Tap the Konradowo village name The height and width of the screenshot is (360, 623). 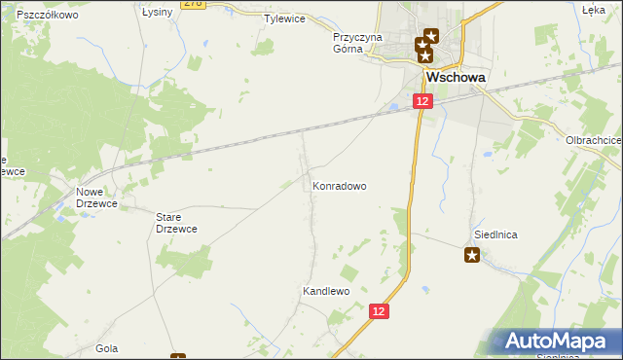339,185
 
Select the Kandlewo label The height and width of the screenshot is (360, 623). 325,291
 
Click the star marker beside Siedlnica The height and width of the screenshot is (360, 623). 472,256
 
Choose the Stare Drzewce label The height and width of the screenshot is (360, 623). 177,223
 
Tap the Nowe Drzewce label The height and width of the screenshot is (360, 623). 94,198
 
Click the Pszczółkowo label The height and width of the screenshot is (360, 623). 47,16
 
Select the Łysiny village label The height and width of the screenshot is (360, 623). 157,13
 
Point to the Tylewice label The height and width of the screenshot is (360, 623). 285,18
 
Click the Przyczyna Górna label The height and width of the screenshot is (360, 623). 359,43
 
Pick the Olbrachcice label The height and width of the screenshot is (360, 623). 594,140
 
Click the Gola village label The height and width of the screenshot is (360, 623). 107,347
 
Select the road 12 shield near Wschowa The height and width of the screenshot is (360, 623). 421,101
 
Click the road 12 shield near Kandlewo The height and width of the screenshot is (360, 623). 379,310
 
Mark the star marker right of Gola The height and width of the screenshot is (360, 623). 177,356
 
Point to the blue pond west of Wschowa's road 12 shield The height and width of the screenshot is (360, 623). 394,106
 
